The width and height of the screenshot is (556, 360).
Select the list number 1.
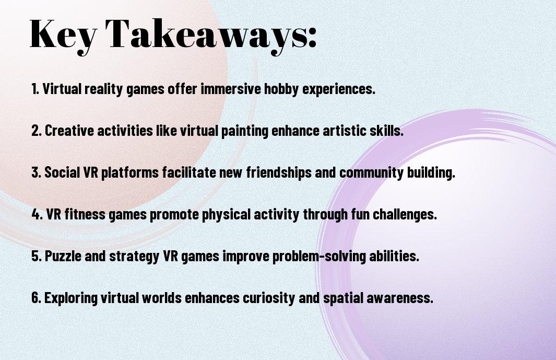[35, 89]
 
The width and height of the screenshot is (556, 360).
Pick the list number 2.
[37, 131]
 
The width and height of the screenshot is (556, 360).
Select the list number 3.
[37, 172]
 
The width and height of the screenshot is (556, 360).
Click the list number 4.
[37, 214]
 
